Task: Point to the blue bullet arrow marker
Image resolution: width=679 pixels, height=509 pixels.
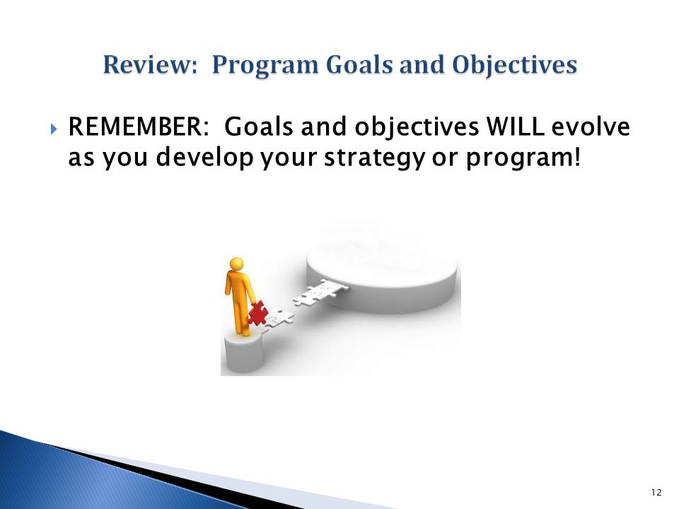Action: point(53,129)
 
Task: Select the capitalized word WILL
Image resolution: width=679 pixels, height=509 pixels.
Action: point(515,127)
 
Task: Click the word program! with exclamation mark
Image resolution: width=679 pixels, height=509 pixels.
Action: point(522,158)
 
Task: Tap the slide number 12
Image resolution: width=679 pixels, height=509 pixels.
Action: point(656,493)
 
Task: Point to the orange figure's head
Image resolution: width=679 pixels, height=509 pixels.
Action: point(236,264)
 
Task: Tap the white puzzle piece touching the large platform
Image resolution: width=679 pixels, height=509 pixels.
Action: point(328,288)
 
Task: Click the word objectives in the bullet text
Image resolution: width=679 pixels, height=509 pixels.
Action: point(417,128)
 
